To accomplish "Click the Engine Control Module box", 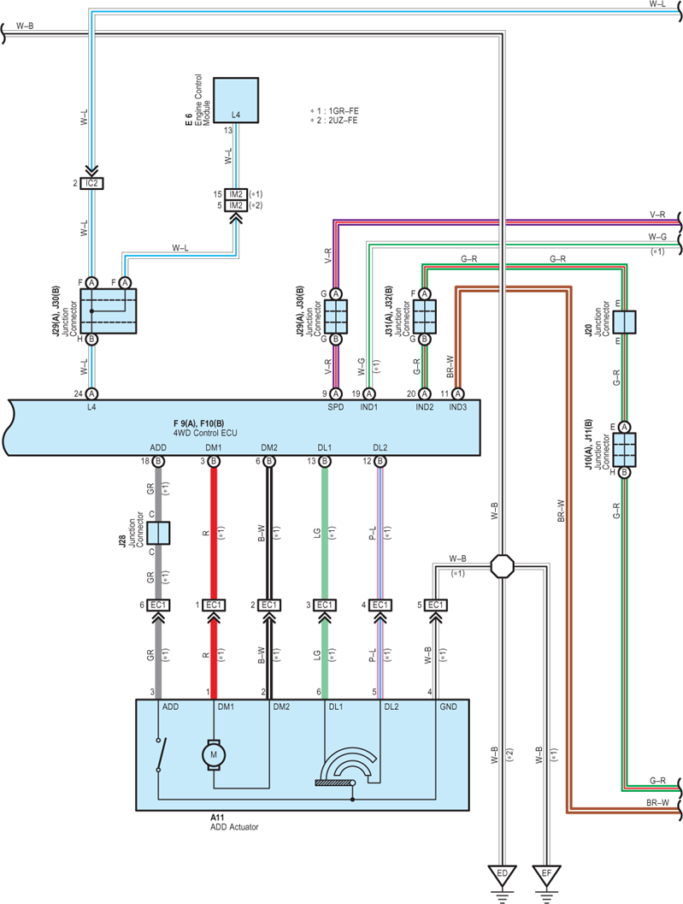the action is (x=236, y=100).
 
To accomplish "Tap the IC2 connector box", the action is (x=91, y=183).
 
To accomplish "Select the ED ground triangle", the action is (x=502, y=875).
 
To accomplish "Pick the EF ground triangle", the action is (x=546, y=875).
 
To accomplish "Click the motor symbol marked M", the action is (x=213, y=754).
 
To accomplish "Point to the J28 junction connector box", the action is (x=158, y=534).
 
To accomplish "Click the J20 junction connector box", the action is (x=624, y=322).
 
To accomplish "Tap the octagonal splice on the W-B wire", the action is (x=502, y=566).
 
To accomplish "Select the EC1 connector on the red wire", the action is (x=214, y=605).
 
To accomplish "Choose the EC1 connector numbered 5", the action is (x=436, y=605).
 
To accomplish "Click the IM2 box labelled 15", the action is (x=236, y=194).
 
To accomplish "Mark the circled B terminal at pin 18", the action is (x=158, y=461).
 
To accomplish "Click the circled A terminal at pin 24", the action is (x=91, y=393).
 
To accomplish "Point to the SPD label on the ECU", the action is (x=335, y=407).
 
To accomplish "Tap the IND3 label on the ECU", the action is (x=457, y=407).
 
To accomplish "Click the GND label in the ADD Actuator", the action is (x=449, y=706).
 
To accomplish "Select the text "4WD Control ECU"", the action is (x=205, y=433).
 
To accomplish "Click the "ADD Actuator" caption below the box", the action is (x=234, y=827).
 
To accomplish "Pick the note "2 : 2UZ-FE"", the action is (x=334, y=121).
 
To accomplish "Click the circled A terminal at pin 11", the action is (x=457, y=393).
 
